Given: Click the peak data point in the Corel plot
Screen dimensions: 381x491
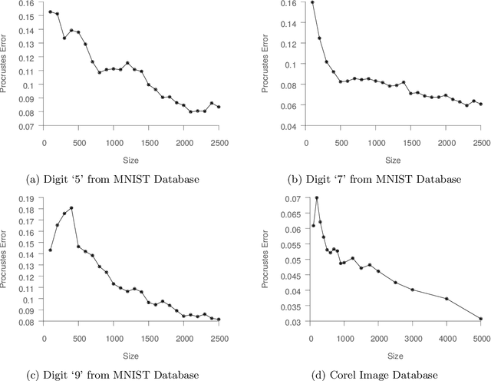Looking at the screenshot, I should (x=317, y=198).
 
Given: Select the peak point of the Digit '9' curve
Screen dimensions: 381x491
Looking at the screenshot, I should (x=71, y=207).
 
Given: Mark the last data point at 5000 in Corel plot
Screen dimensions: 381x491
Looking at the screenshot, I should (x=481, y=319).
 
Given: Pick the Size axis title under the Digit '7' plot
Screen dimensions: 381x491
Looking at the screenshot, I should (x=394, y=159).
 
